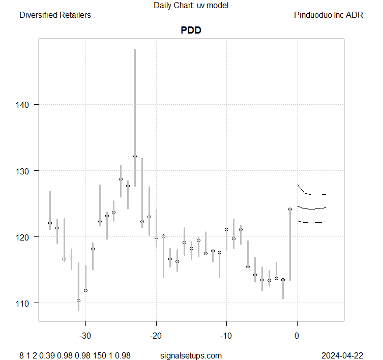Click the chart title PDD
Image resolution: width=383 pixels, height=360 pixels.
coord(191,30)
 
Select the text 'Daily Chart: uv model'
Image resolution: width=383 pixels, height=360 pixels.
coord(191,6)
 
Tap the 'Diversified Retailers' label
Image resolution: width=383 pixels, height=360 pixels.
coord(55,15)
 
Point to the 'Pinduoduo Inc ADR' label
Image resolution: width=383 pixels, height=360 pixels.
coord(329,15)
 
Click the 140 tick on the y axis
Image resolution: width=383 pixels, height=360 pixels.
coord(24,105)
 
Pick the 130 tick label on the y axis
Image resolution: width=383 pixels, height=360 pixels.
coord(24,171)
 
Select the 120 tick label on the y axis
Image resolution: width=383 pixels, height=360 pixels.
coord(24,237)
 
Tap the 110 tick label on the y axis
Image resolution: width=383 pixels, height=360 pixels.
coord(24,303)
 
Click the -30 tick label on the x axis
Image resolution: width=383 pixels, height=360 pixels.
coord(85,336)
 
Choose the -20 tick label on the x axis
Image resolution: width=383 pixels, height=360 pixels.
coord(156,336)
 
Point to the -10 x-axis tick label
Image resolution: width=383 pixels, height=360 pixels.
coord(226,336)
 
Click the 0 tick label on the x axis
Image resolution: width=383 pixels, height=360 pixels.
coord(297,336)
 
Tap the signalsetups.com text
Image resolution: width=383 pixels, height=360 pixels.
coord(191,355)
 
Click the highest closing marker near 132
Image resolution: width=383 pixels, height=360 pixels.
coord(135,156)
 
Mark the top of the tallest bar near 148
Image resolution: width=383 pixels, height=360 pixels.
coord(135,50)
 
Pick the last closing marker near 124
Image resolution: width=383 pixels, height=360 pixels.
coord(290,209)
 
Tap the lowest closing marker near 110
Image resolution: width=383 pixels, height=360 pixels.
coord(78,301)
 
